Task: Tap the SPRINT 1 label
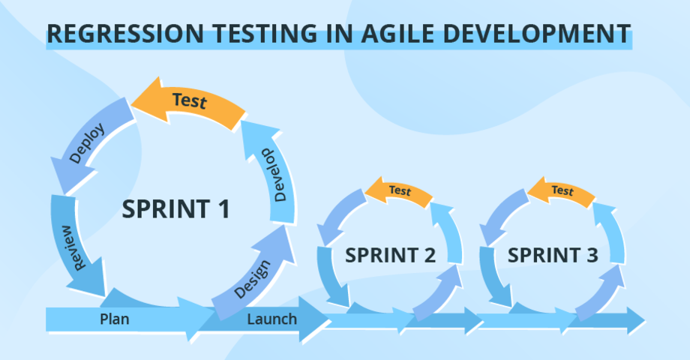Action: tap(176, 209)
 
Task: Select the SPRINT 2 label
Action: tap(390, 255)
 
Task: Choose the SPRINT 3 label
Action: tap(553, 255)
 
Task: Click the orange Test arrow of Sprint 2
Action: tap(399, 192)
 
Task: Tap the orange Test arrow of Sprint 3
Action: tap(562, 191)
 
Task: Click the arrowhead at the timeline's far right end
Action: tap(635, 320)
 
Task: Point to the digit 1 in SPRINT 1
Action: tap(223, 209)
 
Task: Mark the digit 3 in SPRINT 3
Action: tap(592, 255)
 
